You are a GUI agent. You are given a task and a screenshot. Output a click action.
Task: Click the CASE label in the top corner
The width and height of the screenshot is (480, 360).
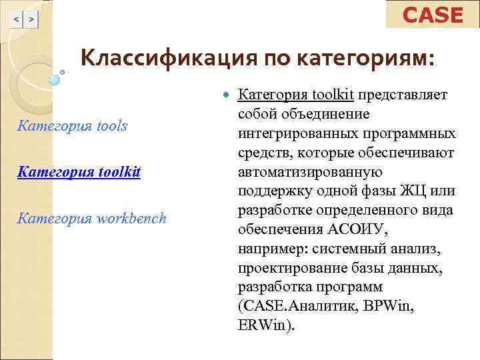coord(433,15)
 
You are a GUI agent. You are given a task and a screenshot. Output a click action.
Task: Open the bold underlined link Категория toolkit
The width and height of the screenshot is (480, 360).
coord(79,172)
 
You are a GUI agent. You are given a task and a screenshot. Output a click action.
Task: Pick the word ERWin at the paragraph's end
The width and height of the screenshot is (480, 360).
coord(264,327)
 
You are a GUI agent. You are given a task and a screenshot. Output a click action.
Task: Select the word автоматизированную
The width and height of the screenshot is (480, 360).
coord(303,173)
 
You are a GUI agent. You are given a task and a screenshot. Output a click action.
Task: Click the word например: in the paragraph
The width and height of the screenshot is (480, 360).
coord(266,249)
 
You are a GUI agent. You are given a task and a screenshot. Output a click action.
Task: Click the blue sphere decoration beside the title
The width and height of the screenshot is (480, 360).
coord(55,79)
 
